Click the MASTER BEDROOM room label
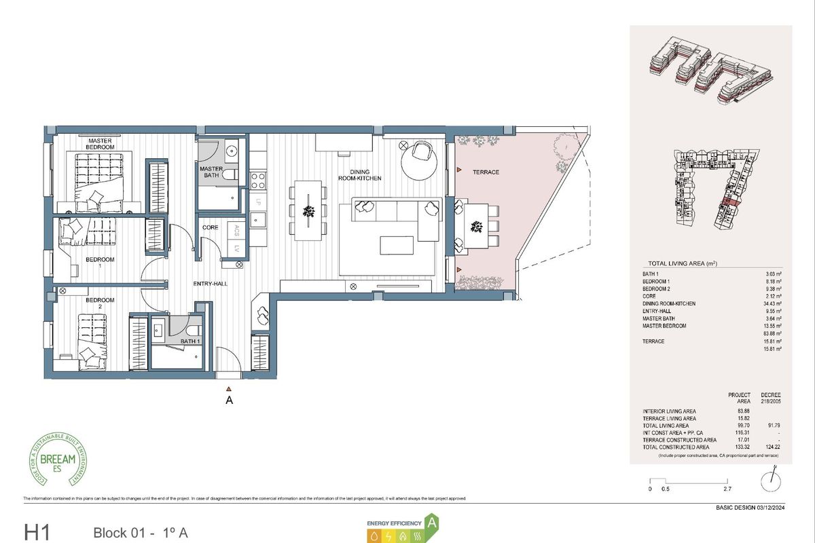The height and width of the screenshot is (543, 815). tap(100, 144)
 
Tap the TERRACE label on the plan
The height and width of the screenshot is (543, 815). tap(486, 172)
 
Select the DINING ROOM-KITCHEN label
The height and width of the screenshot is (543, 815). tap(361, 174)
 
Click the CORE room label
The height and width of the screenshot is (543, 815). tap(211, 227)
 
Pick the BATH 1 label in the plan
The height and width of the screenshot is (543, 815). tap(189, 341)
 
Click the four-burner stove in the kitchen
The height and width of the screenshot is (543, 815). tap(258, 180)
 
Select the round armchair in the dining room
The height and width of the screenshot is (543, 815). tap(420, 155)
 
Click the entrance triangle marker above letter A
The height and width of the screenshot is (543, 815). tap(229, 389)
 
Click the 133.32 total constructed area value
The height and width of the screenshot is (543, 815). tap(739, 448)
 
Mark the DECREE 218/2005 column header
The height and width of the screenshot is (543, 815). tap(771, 398)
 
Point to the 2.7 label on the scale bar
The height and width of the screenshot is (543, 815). tap(727, 489)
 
